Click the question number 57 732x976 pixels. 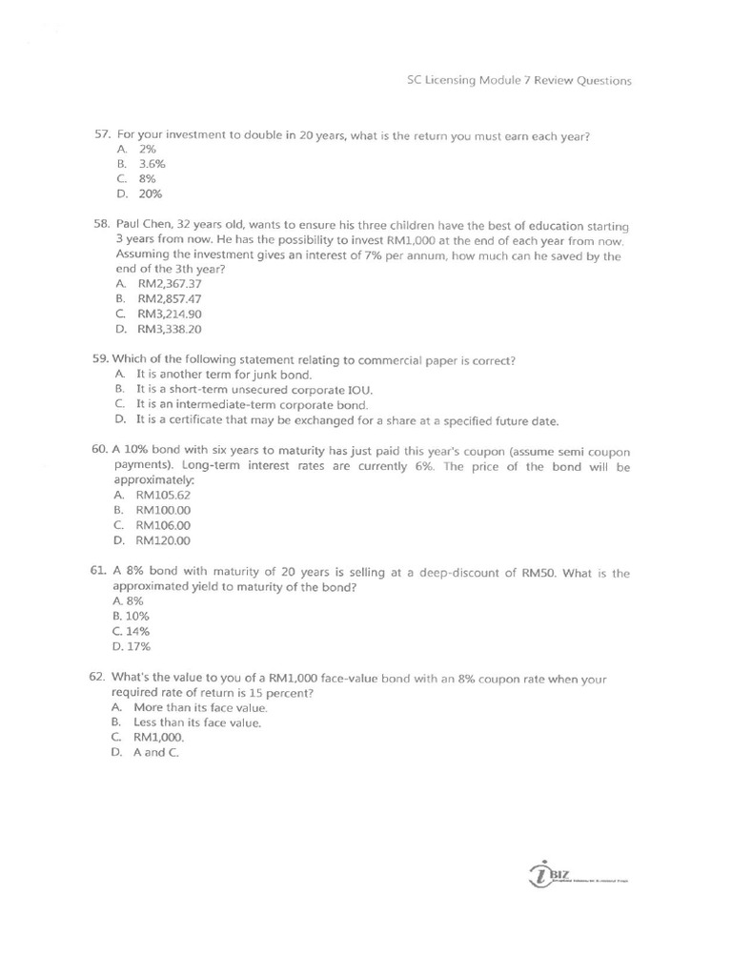click(x=102, y=135)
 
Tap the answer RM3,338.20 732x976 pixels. click(x=169, y=329)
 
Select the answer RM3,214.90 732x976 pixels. click(x=169, y=314)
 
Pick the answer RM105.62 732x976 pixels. click(x=163, y=495)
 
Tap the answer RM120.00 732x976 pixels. click(x=163, y=540)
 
